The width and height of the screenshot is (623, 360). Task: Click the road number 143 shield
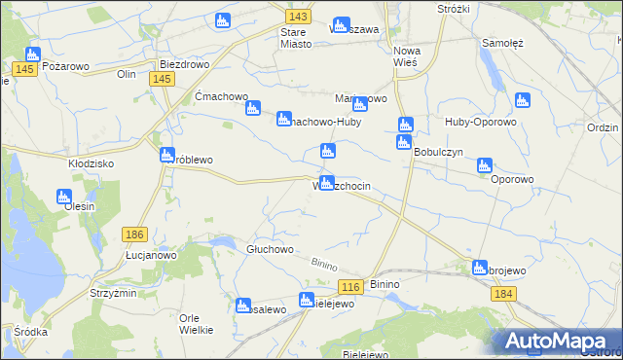click(x=299, y=18)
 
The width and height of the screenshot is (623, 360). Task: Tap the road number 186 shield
click(x=135, y=234)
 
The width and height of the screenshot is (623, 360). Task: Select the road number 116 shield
click(x=351, y=286)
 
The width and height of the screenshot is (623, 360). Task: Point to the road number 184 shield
click(x=502, y=293)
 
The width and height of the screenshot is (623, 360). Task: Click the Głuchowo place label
click(x=270, y=249)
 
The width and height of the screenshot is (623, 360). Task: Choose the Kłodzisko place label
click(x=92, y=163)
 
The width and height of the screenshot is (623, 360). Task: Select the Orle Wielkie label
click(x=203, y=323)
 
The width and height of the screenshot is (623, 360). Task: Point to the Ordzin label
click(x=604, y=128)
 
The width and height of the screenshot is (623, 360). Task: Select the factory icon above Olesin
click(x=62, y=198)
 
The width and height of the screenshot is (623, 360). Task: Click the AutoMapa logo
click(x=560, y=340)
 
